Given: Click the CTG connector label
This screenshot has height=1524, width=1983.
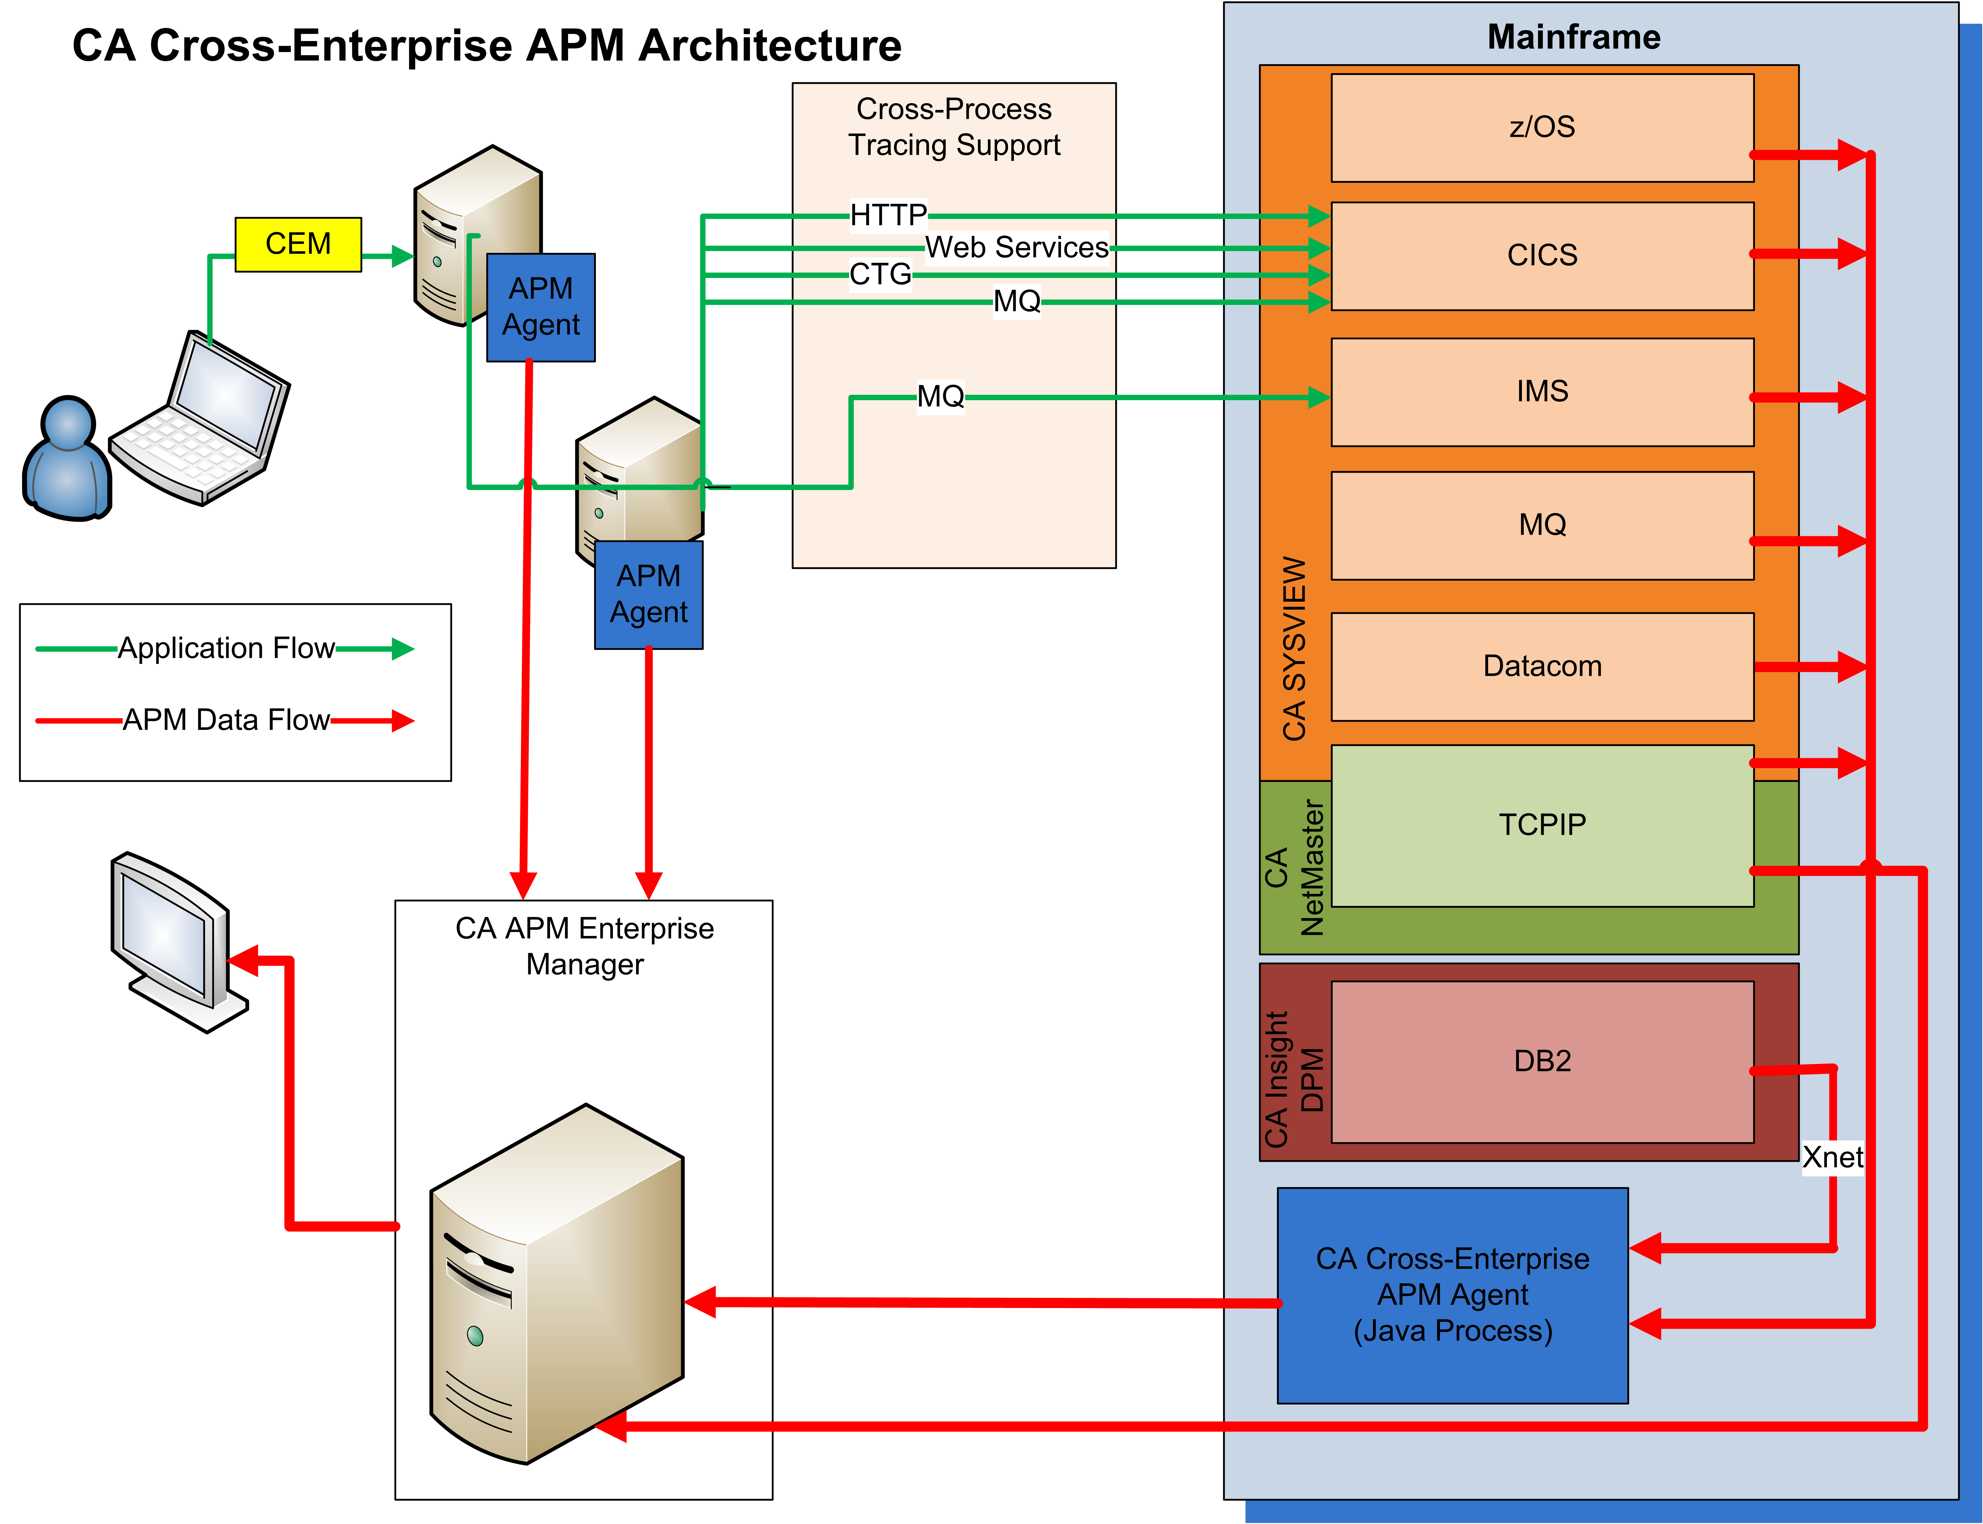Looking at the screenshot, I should [x=880, y=274].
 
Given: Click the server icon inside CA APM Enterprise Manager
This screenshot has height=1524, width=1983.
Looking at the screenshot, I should [x=556, y=1283].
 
